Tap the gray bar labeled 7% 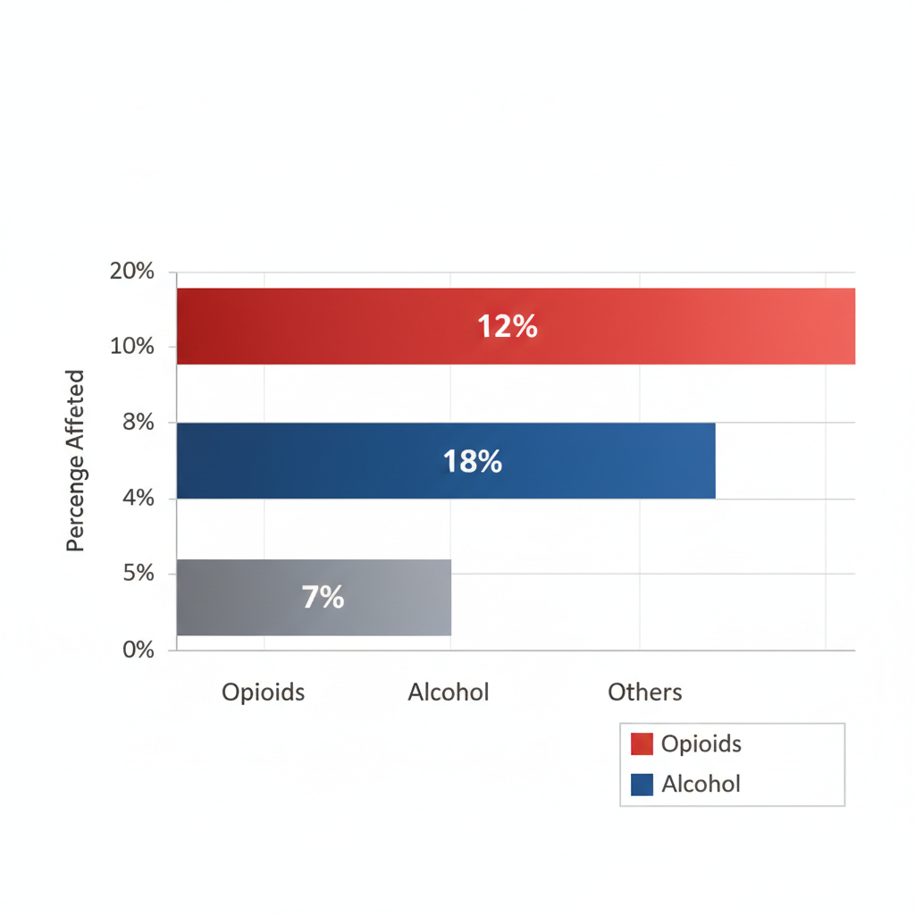pyautogui.click(x=393, y=597)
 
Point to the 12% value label pyautogui.click(x=508, y=327)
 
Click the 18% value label pyautogui.click(x=473, y=462)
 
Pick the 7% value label pyautogui.click(x=323, y=598)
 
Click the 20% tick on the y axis pyautogui.click(x=131, y=272)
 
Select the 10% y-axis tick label pyautogui.click(x=131, y=347)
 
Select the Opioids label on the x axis pyautogui.click(x=263, y=693)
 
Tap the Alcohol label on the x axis pyautogui.click(x=449, y=693)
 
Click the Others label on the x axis pyautogui.click(x=645, y=693)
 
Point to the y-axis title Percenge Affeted pyautogui.click(x=76, y=460)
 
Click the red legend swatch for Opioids pyautogui.click(x=642, y=744)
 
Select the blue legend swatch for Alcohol pyautogui.click(x=642, y=785)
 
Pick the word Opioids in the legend pyautogui.click(x=701, y=744)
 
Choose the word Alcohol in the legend pyautogui.click(x=701, y=785)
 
